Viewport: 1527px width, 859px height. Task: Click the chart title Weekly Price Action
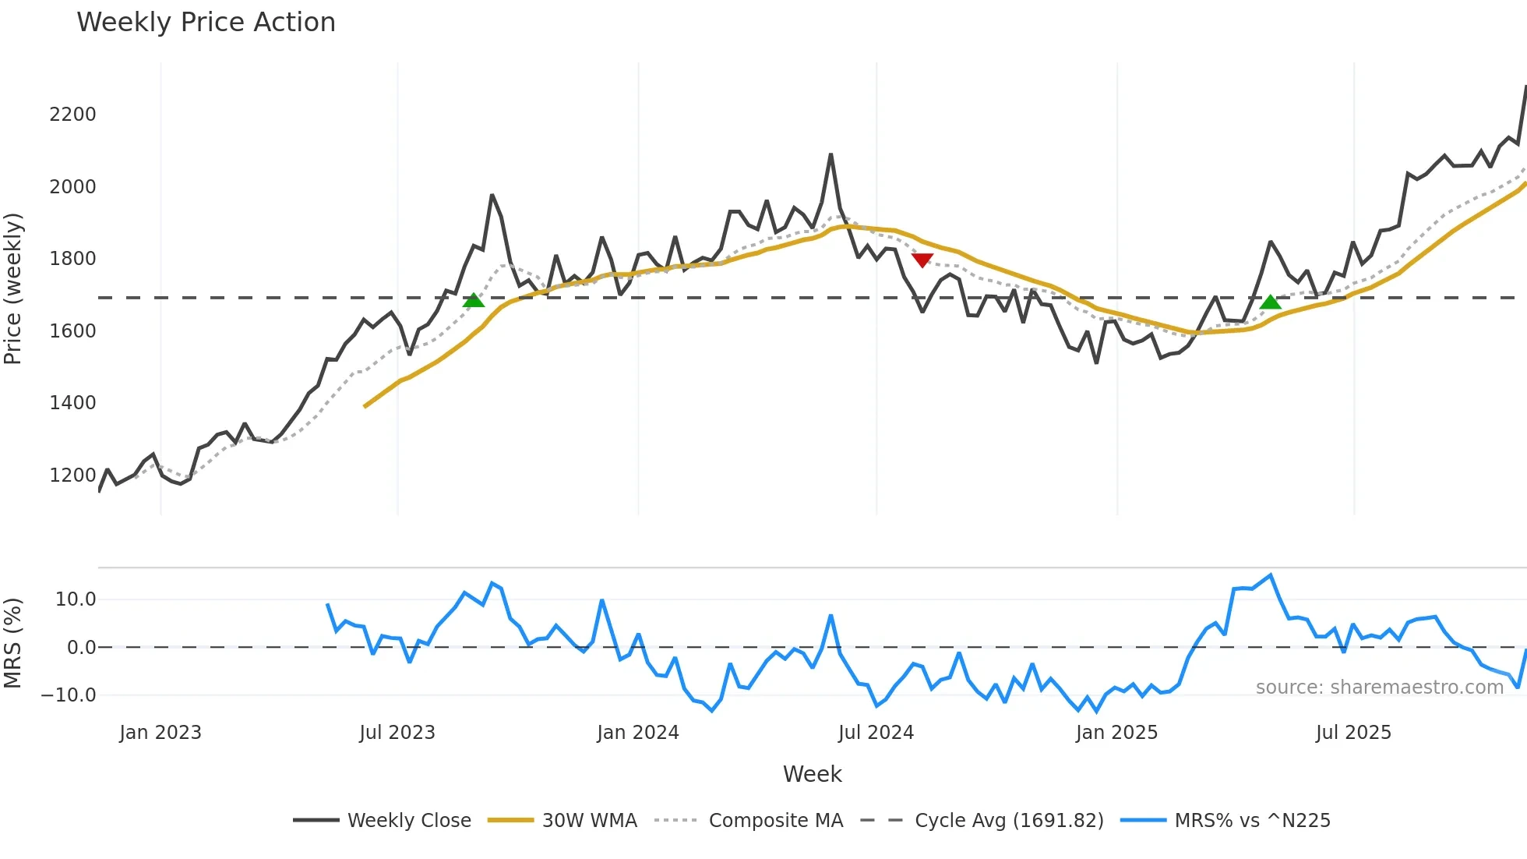point(206,23)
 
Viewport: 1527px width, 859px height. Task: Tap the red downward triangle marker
point(922,260)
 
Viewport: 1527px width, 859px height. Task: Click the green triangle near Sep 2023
point(474,300)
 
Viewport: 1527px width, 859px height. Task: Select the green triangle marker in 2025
point(1271,302)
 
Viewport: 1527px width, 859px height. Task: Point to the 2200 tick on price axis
point(72,115)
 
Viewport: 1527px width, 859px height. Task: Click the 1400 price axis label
point(72,403)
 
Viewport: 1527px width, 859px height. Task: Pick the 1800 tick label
point(72,259)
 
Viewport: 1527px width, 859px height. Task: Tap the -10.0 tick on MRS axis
point(69,695)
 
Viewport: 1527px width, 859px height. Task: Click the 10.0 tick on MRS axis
point(76,599)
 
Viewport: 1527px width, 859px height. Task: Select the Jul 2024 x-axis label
point(876,733)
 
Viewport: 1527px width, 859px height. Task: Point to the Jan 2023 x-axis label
point(160,733)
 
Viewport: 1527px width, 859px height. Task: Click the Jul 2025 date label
point(1353,733)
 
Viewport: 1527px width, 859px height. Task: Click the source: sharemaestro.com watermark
point(1379,688)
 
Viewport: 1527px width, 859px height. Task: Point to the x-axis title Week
point(812,774)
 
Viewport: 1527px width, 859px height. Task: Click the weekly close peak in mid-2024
point(831,155)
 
